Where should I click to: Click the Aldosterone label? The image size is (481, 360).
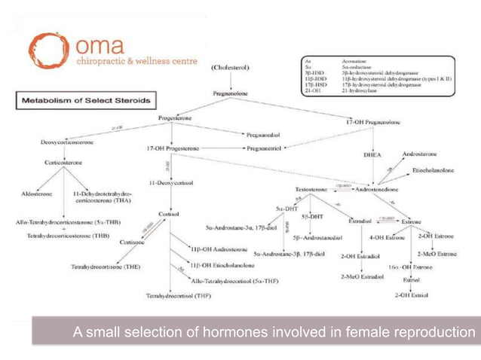tap(36, 194)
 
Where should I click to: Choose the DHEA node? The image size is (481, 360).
tap(372, 155)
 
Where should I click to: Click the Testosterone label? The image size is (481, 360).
tap(311, 189)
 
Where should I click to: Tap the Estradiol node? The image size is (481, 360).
tap(363, 221)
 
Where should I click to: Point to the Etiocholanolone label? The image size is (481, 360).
tap(434, 170)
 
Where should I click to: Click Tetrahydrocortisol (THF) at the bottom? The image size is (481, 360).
tap(179, 295)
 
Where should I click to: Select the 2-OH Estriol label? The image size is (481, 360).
tap(411, 294)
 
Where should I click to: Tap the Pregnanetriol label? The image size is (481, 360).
tap(262, 148)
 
